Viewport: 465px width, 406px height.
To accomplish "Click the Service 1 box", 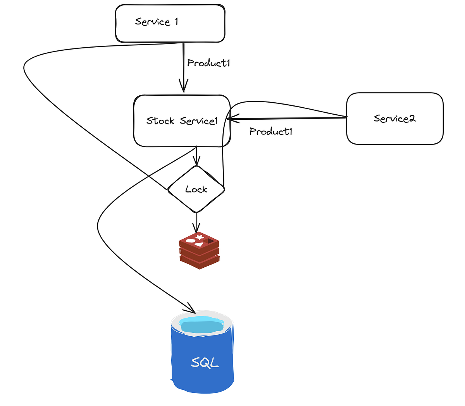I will pyautogui.click(x=170, y=23).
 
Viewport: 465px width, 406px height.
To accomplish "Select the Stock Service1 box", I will pyautogui.click(x=182, y=121).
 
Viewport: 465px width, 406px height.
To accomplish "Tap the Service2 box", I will pyautogui.click(x=394, y=119).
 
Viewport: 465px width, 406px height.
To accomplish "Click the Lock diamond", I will pyautogui.click(x=196, y=189).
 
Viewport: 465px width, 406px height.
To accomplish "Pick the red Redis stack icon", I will pyautogui.click(x=200, y=251).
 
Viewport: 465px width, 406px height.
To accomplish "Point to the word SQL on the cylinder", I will pyautogui.click(x=205, y=362).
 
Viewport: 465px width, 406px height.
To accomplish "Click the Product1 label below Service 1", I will pyautogui.click(x=208, y=63).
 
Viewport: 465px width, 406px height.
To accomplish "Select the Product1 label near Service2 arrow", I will pyautogui.click(x=270, y=132).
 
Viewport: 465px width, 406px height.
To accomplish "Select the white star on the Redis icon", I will pyautogui.click(x=200, y=237).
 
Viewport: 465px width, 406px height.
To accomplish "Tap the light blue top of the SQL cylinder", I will pyautogui.click(x=202, y=324).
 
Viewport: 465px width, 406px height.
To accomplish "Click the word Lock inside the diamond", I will pyautogui.click(x=196, y=189).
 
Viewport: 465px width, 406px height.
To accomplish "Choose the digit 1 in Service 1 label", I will pyautogui.click(x=177, y=21).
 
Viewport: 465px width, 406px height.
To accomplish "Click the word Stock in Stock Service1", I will pyautogui.click(x=160, y=121).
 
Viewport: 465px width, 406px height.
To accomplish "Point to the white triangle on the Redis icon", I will pyautogui.click(x=199, y=244).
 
